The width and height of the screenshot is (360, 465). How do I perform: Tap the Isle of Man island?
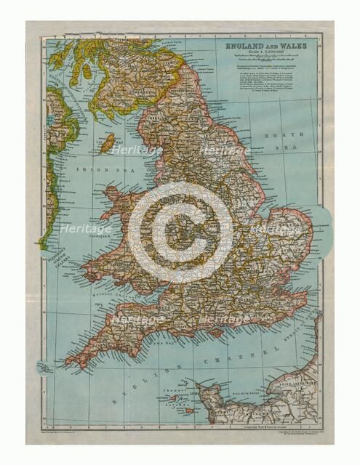[x=107, y=142]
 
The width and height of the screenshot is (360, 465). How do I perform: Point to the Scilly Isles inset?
[x=45, y=368]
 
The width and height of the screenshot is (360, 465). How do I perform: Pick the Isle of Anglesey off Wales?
[x=116, y=193]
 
